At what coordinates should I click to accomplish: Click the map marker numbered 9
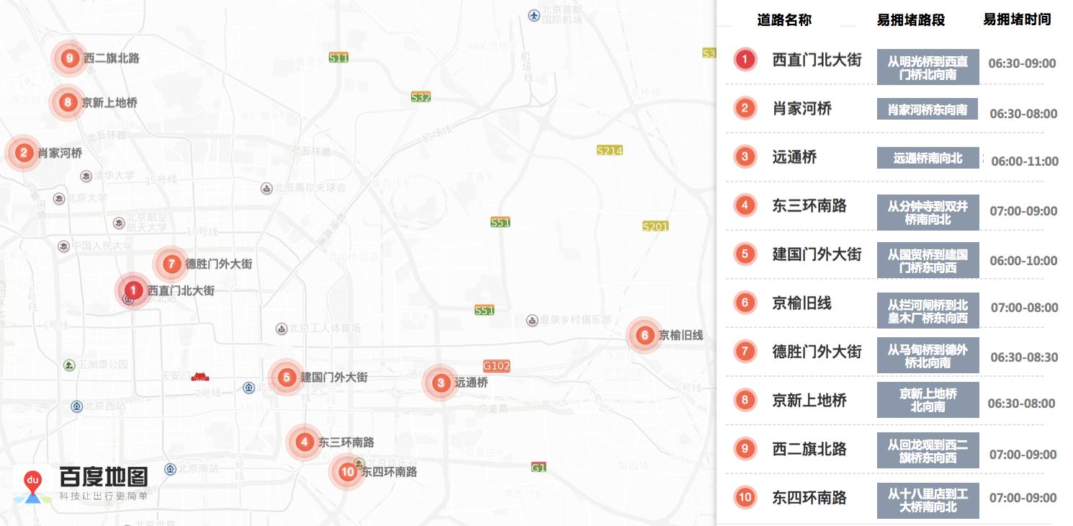(x=69, y=58)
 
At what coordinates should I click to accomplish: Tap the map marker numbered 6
(x=645, y=335)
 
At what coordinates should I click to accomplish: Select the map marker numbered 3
(x=441, y=383)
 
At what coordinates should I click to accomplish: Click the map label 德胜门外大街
(x=219, y=264)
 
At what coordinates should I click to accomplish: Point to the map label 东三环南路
(x=346, y=442)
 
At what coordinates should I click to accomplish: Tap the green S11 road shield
(x=338, y=58)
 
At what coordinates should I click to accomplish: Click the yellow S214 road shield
(x=609, y=151)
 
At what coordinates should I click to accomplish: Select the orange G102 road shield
(x=497, y=366)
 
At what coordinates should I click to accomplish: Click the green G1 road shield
(x=539, y=468)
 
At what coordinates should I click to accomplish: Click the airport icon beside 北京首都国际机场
(x=534, y=14)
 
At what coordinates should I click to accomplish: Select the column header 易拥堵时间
(x=1017, y=20)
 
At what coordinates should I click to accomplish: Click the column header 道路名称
(x=784, y=20)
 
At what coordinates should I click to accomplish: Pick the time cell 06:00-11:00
(x=1024, y=161)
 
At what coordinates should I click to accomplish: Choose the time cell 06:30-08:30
(x=1024, y=357)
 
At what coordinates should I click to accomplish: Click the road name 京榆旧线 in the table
(x=802, y=303)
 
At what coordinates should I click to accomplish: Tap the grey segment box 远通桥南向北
(x=928, y=158)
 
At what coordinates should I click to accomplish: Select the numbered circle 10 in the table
(x=745, y=497)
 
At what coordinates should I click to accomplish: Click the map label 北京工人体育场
(x=325, y=329)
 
